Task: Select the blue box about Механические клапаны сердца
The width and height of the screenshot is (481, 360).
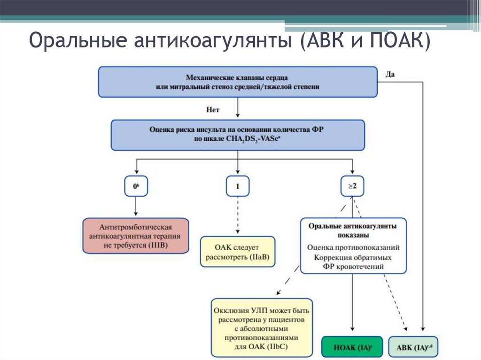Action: pyautogui.click(x=238, y=82)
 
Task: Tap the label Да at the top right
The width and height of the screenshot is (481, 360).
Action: pyautogui.click(x=390, y=74)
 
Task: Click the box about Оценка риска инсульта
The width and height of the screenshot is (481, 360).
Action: pyautogui.click(x=238, y=135)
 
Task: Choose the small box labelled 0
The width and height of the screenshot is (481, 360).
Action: pyautogui.click(x=136, y=186)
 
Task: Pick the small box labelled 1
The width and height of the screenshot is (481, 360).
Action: pyautogui.click(x=238, y=186)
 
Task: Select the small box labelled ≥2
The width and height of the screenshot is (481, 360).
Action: pyautogui.click(x=352, y=186)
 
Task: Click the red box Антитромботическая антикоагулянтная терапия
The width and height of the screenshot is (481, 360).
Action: pyautogui.click(x=135, y=236)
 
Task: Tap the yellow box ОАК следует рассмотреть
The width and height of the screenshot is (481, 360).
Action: pyautogui.click(x=238, y=252)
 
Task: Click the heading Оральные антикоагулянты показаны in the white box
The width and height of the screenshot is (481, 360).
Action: pyautogui.click(x=353, y=230)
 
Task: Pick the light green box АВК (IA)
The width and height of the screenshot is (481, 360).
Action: pyautogui.click(x=413, y=347)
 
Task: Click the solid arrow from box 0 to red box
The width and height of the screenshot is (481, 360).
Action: pyautogui.click(x=136, y=207)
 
